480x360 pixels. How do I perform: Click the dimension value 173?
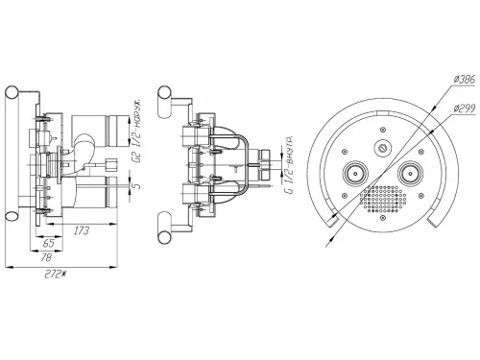(82, 230)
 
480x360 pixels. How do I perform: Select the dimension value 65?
(48, 243)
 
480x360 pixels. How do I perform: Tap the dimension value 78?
(46, 257)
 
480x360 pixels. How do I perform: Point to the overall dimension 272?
(55, 275)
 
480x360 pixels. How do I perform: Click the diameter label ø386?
(465, 79)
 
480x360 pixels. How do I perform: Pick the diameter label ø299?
(465, 108)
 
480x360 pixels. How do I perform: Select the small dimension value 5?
(137, 185)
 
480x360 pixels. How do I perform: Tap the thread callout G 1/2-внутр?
(289, 165)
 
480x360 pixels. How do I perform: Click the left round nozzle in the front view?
(355, 174)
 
